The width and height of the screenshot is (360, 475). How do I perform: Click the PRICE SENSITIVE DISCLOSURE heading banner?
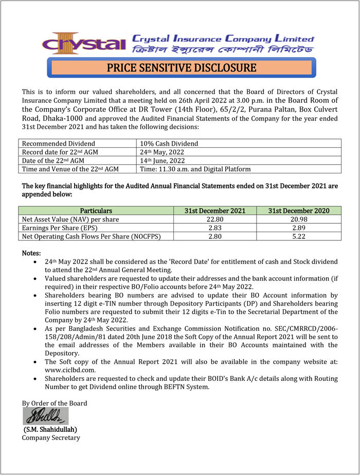[x=181, y=68]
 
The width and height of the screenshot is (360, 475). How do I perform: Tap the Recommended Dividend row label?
[x=59, y=144]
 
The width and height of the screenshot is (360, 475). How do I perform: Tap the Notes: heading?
[x=31, y=253]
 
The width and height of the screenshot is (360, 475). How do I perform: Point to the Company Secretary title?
[x=51, y=437]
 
